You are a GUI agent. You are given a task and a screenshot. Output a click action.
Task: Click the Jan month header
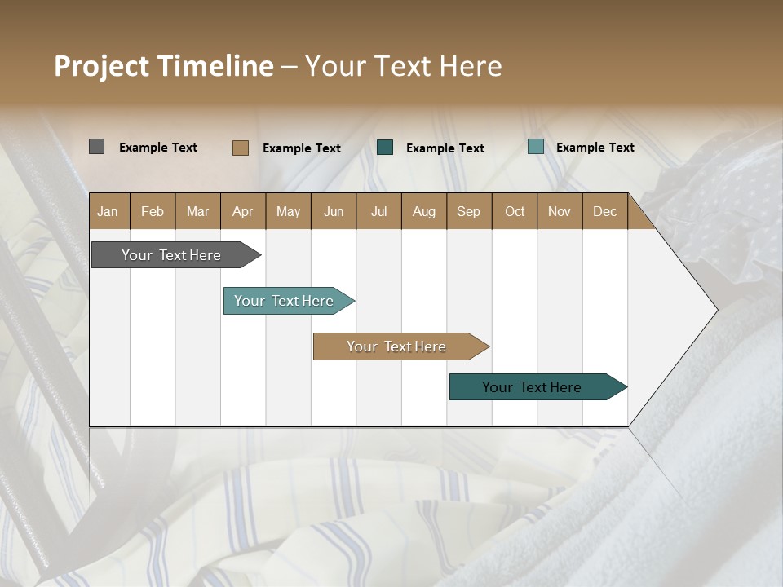[108, 211]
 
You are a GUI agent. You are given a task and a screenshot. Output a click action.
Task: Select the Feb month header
[153, 211]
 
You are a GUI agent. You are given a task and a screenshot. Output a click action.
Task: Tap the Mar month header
[197, 211]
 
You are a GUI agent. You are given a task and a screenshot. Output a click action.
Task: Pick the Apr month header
[243, 211]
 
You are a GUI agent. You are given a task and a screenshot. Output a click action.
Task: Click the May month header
[288, 211]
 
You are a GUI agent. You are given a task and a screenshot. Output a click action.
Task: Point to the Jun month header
[334, 211]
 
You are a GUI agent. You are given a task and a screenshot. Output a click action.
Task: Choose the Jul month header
[378, 211]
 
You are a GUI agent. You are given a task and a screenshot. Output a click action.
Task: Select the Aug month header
[424, 211]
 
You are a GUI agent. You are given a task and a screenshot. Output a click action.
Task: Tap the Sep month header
[469, 211]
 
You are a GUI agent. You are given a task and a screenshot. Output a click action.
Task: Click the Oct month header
[515, 211]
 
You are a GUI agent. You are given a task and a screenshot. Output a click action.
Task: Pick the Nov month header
[560, 211]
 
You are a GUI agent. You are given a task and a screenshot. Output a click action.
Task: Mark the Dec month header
[605, 211]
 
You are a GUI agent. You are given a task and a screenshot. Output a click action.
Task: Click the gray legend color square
[96, 147]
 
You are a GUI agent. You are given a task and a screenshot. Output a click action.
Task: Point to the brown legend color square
[240, 148]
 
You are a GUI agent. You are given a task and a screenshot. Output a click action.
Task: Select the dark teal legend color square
[385, 148]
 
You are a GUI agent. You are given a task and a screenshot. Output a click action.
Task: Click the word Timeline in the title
[215, 66]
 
